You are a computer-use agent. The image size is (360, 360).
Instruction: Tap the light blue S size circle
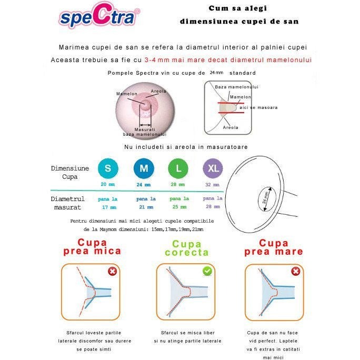tap(108, 168)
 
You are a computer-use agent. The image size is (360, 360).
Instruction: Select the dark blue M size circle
tap(144, 168)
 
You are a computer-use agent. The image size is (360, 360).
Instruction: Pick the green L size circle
tap(178, 168)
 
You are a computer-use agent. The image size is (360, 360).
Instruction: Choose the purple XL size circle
tap(213, 168)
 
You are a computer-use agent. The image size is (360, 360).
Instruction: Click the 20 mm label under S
tap(108, 184)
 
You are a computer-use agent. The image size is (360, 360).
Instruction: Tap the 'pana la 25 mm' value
tap(179, 203)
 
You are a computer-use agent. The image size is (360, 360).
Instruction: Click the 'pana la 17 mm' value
tap(108, 204)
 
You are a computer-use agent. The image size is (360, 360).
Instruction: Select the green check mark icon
tap(208, 271)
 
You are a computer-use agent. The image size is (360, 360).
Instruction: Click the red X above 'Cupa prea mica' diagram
tap(112, 272)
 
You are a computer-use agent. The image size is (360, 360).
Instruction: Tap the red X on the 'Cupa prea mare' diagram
tap(296, 272)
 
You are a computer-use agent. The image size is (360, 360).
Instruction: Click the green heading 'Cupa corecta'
tap(187, 248)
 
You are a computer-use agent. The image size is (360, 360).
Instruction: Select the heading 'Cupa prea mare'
tap(274, 247)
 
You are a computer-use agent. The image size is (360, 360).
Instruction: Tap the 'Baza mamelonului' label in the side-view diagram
tap(236, 87)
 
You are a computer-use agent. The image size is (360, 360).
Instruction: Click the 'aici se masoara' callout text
tap(258, 107)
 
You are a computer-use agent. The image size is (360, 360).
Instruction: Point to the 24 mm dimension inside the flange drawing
tap(265, 198)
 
